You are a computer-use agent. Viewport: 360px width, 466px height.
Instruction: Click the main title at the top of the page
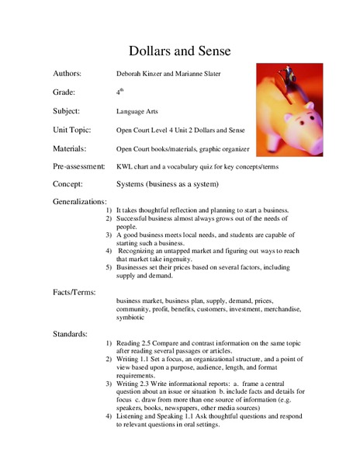click(x=179, y=51)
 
